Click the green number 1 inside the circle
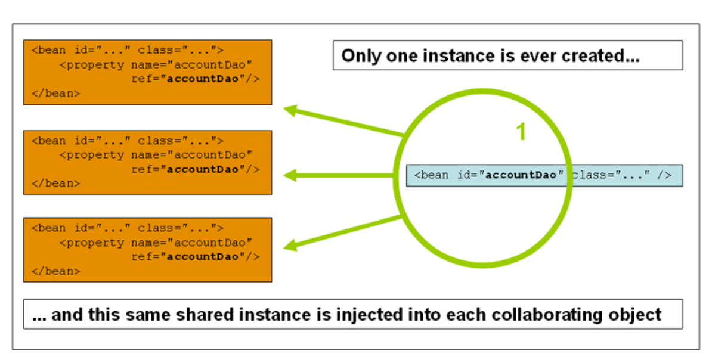[x=521, y=132]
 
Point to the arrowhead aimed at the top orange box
[x=290, y=110]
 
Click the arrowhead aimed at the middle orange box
[x=290, y=175]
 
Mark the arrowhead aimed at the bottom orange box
[x=290, y=246]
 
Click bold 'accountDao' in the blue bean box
[x=521, y=175]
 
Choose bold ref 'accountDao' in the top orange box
[x=203, y=79]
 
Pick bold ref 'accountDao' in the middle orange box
[x=203, y=169]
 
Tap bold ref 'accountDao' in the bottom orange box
[x=203, y=256]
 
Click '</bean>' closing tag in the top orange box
[x=55, y=94]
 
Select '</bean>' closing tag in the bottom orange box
[x=55, y=271]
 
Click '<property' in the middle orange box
[x=92, y=156]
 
